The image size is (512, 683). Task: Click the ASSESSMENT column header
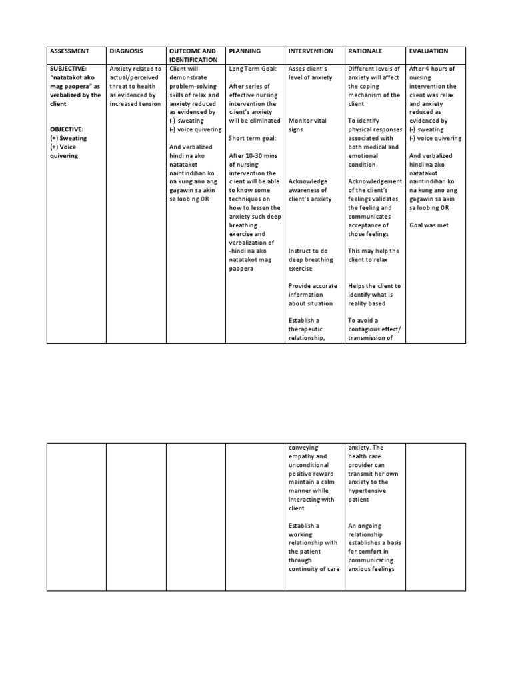tap(70, 51)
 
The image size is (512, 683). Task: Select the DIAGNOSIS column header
tap(125, 51)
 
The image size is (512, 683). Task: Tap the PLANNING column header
tap(244, 51)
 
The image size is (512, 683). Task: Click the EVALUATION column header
tap(429, 51)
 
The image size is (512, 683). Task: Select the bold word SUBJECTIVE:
tap(69, 69)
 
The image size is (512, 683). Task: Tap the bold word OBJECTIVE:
tap(67, 129)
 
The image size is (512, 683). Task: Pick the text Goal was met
tap(429, 225)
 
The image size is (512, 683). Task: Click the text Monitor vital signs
tap(303, 125)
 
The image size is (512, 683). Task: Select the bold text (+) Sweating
tap(68, 138)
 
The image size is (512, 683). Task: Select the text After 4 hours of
tap(433, 69)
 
